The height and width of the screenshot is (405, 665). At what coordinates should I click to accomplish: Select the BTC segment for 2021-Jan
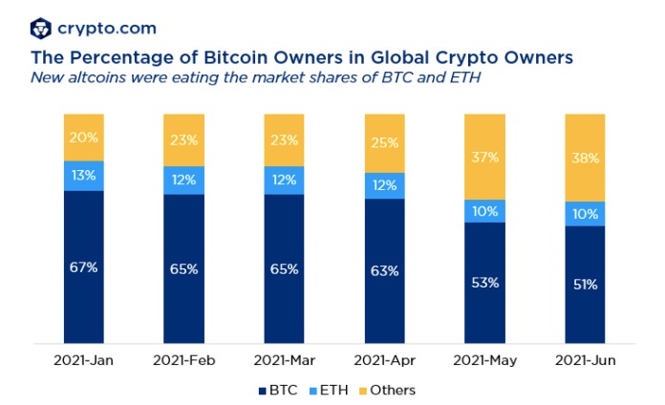tap(83, 266)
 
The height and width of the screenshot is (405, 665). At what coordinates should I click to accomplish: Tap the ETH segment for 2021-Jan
tap(83, 176)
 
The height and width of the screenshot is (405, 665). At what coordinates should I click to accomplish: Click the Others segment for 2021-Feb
tap(183, 139)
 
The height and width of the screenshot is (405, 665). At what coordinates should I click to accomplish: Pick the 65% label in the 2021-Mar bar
tap(284, 269)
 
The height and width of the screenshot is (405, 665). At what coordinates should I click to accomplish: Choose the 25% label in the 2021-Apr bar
tap(385, 142)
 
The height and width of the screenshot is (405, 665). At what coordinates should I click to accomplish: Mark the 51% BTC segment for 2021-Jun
tap(585, 284)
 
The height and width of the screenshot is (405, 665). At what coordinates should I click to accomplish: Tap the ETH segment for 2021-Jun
tap(585, 214)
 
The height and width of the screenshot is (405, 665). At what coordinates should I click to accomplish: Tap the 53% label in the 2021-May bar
tap(484, 283)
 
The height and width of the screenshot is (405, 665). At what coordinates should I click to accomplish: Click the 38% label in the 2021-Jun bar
tap(585, 158)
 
